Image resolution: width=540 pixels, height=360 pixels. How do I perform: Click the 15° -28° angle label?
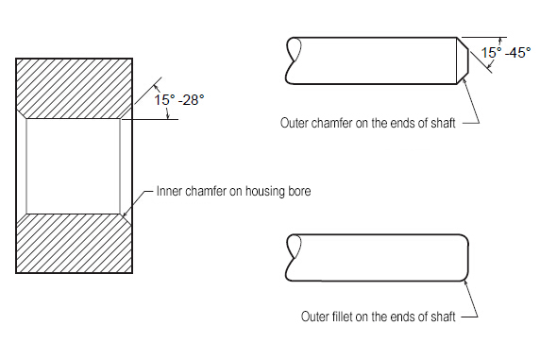click(x=178, y=100)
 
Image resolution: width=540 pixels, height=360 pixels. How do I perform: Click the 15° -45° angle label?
click(x=506, y=53)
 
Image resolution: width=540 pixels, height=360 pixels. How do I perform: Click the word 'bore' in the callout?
click(x=299, y=192)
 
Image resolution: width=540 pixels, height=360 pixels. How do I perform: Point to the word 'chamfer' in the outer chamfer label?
click(x=331, y=123)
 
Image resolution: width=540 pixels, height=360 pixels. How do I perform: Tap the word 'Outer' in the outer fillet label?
click(x=315, y=317)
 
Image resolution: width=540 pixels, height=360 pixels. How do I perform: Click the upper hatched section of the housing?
click(x=74, y=89)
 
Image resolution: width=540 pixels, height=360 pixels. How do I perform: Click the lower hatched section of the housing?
click(x=74, y=244)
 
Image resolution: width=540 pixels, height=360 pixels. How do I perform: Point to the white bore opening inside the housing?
click(x=74, y=166)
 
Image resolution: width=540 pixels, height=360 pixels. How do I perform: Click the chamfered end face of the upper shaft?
click(x=463, y=60)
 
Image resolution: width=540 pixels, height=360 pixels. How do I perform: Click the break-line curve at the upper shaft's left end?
click(x=293, y=60)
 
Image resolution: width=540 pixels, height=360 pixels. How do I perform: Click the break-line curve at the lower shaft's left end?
click(x=293, y=258)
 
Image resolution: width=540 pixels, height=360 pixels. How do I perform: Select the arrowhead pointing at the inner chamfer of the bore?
click(x=125, y=214)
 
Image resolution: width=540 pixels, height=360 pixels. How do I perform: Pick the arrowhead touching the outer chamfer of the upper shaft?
click(x=464, y=81)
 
